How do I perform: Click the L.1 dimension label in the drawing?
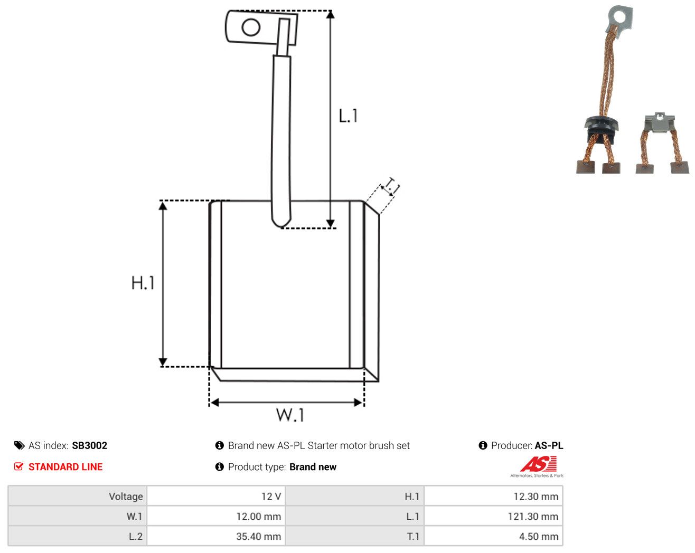348,116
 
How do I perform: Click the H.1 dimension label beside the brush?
143,283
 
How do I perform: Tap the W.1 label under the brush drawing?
290,415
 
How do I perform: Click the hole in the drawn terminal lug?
251,27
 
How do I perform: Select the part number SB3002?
89,445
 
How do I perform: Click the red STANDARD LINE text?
65,467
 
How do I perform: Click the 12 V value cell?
216,496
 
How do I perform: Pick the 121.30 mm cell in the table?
493,516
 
